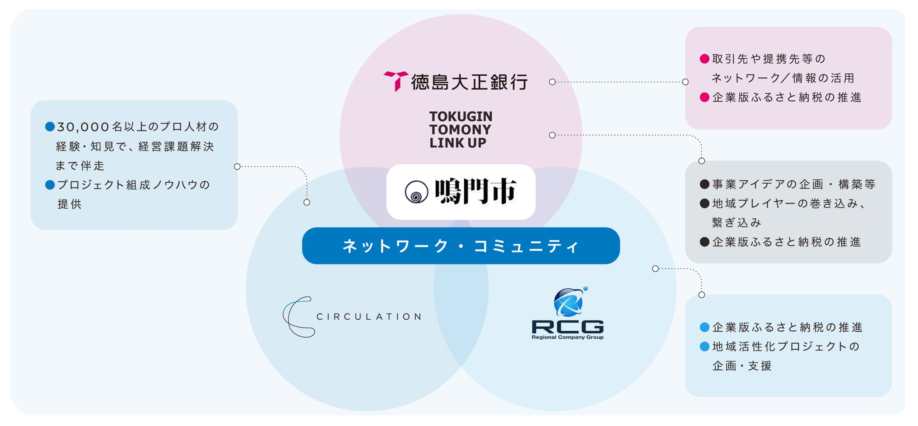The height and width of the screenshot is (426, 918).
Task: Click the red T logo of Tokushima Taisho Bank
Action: click(x=396, y=81)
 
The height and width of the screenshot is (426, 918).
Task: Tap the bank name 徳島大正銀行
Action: click(x=469, y=82)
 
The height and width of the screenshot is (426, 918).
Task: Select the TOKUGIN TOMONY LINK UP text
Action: click(x=460, y=129)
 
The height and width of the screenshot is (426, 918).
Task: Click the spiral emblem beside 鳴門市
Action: click(x=416, y=192)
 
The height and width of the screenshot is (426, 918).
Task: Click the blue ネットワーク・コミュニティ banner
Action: click(x=461, y=246)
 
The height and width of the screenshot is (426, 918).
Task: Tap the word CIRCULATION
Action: click(x=369, y=317)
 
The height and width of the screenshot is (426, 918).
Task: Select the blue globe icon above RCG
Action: click(x=569, y=302)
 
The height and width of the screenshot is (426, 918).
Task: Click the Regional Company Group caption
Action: click(x=567, y=337)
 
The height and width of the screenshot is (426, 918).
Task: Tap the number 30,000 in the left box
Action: click(x=83, y=127)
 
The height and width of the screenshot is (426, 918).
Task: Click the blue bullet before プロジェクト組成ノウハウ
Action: click(x=50, y=185)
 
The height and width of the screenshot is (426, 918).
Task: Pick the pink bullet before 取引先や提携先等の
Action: click(x=704, y=59)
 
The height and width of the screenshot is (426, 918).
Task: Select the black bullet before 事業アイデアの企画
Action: click(x=704, y=184)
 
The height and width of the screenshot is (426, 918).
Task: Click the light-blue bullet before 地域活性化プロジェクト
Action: click(x=704, y=346)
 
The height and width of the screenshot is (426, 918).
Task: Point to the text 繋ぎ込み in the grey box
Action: click(x=737, y=223)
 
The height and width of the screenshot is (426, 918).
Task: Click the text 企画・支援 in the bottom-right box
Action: click(x=742, y=366)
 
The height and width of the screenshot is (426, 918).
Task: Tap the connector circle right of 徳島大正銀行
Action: click(x=552, y=82)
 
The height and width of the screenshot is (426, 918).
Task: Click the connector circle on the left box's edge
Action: click(x=237, y=167)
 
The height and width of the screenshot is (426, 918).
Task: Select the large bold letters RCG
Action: click(x=567, y=327)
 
